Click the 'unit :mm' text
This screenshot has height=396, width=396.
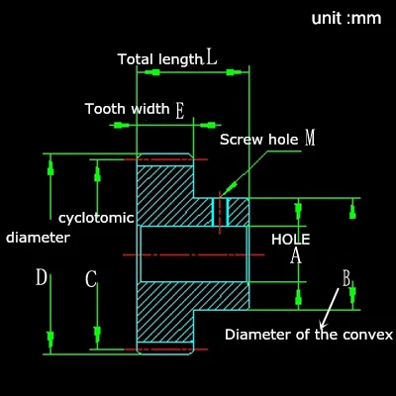(346, 18)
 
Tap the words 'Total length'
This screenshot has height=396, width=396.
(160, 59)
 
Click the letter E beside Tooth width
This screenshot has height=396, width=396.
(180, 111)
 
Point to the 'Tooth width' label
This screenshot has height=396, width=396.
(128, 109)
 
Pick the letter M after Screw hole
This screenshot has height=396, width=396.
(310, 138)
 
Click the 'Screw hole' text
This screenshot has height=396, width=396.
(259, 140)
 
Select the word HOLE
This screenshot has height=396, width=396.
(291, 240)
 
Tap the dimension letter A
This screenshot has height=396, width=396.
(296, 256)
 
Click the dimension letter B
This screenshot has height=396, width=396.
(346, 278)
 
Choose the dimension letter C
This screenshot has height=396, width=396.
(91, 278)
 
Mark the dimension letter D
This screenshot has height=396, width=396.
(42, 277)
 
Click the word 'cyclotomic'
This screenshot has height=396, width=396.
(96, 218)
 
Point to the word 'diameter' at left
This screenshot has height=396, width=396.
(38, 238)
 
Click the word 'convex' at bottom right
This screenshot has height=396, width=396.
(367, 335)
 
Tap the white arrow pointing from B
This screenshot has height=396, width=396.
(330, 308)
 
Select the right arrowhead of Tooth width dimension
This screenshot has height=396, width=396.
(208, 125)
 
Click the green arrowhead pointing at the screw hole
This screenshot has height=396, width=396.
(229, 189)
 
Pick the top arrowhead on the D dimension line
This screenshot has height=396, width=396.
(50, 168)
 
